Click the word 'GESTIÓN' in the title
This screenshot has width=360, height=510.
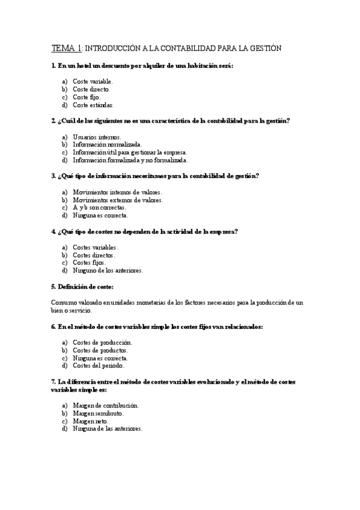(263, 48)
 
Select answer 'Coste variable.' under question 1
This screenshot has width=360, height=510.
(93, 81)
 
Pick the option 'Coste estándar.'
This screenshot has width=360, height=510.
(93, 105)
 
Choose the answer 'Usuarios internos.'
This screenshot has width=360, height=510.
(96, 137)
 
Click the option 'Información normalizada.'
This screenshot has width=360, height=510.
(107, 144)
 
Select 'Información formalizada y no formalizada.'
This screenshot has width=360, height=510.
(130, 160)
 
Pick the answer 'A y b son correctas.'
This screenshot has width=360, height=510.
(99, 207)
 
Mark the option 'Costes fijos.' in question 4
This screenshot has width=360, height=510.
(89, 263)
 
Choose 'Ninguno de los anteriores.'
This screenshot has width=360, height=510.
(108, 271)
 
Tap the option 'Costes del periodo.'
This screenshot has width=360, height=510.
(99, 365)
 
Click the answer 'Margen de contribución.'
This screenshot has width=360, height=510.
(105, 405)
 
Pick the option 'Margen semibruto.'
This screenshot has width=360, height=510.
(97, 413)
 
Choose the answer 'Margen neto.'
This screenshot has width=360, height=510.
(90, 421)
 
